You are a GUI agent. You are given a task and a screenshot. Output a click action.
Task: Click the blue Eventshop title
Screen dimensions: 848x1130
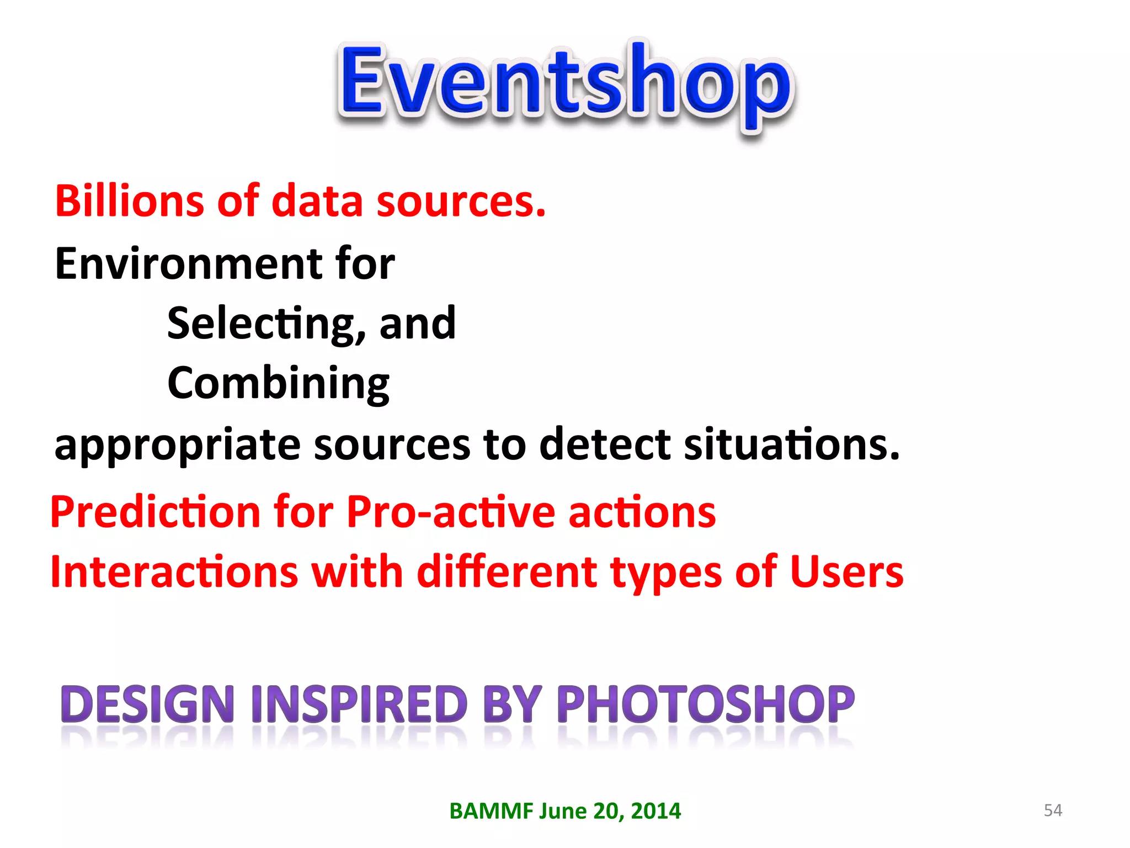coord(565,83)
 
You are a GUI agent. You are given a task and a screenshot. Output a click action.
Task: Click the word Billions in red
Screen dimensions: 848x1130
coord(129,201)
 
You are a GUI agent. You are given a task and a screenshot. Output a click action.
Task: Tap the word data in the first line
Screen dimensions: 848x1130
coord(317,201)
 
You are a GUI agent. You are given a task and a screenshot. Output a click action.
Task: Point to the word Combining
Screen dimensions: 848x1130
coord(278,384)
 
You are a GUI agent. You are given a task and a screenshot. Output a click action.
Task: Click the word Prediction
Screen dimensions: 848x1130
coord(155,512)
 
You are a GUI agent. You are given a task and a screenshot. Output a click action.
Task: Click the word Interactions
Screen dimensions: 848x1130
coord(174,572)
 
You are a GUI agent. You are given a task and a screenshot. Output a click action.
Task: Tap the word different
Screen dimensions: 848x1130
coord(507,572)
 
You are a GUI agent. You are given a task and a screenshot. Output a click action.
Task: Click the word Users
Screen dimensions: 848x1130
coord(846,572)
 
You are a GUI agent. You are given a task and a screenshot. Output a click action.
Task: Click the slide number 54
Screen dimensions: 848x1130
coord(1053,810)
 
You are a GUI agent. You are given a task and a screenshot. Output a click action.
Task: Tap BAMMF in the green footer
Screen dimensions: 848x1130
coord(491,811)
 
